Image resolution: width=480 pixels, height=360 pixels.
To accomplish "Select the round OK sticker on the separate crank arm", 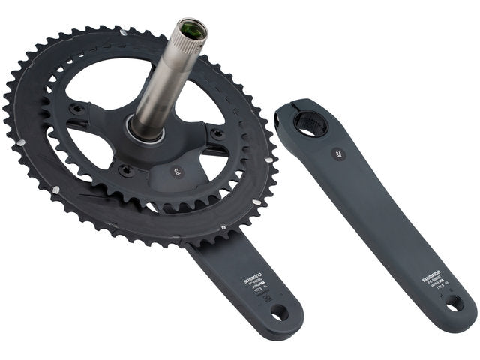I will point(338,154).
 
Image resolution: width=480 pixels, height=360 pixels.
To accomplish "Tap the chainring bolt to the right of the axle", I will point(218,134).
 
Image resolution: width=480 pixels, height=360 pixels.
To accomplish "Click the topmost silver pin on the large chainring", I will point(122,31).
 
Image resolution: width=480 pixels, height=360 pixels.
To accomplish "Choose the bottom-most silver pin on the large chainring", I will point(222,226).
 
